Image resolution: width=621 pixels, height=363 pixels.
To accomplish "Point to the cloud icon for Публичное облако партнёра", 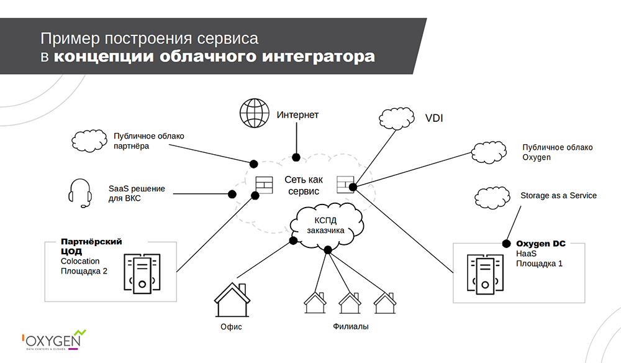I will coord(88,140).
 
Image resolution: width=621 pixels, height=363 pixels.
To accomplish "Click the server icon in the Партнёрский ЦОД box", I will coord(142,273).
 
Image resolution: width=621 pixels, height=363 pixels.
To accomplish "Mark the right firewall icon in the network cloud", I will coord(345,184).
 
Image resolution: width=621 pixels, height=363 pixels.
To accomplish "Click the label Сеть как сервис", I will coord(304,185).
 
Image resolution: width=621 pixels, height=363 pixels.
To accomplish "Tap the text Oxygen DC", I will coord(541,244).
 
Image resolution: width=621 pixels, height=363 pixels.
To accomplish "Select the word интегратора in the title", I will coord(319,58).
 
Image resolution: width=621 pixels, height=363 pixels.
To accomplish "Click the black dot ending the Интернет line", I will coord(296,157).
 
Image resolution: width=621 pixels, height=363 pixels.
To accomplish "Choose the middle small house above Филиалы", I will coord(350,303).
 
